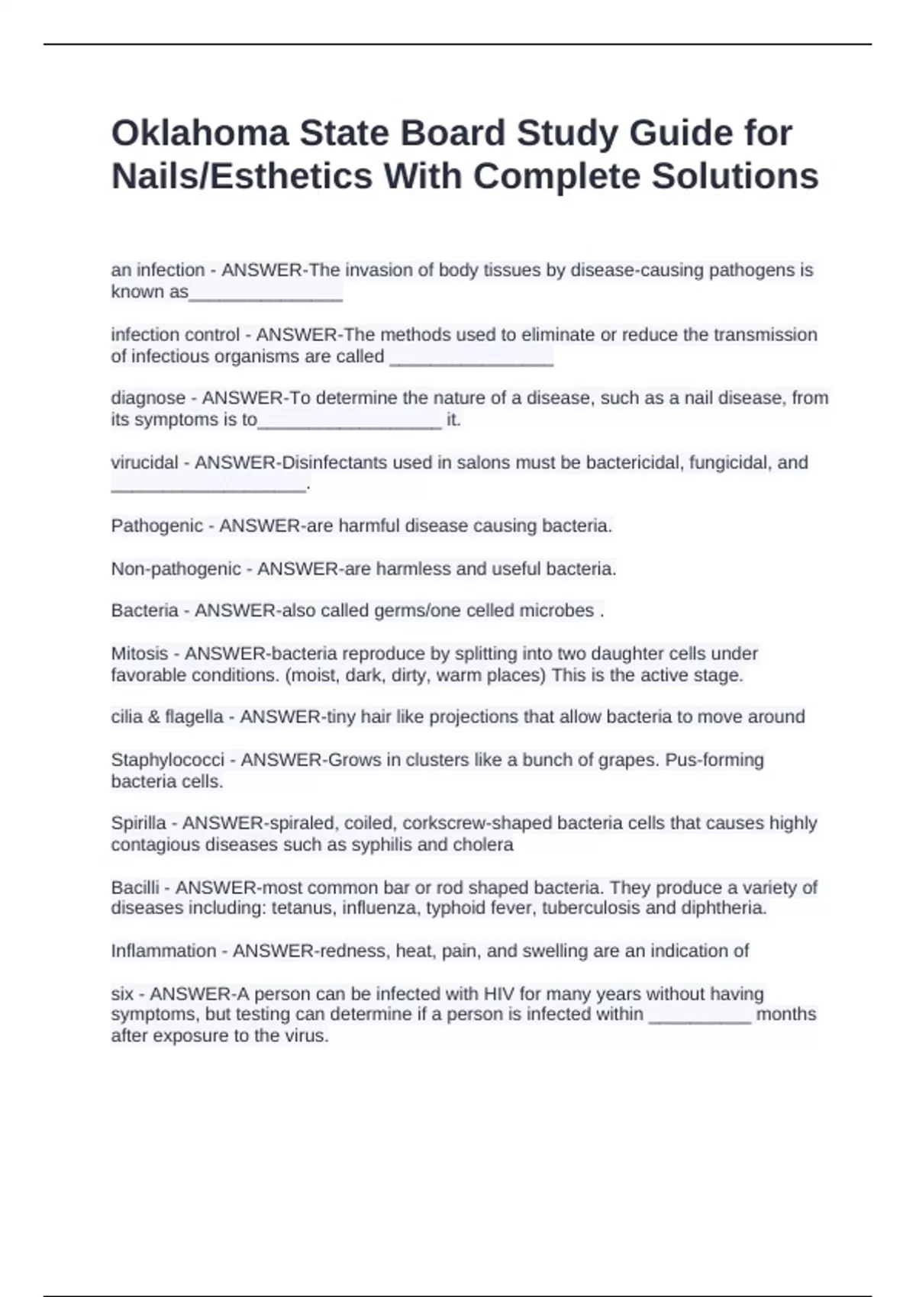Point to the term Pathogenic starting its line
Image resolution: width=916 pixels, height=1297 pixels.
[156, 526]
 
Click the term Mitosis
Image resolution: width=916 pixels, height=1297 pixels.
[139, 653]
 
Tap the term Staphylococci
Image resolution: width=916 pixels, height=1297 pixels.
[167, 760]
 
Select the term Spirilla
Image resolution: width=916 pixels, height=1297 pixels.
[138, 823]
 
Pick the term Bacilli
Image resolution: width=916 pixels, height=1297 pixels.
[135, 887]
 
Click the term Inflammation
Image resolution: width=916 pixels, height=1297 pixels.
[163, 951]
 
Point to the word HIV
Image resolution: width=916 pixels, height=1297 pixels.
[499, 994]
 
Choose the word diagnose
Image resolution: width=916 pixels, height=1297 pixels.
[148, 397]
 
